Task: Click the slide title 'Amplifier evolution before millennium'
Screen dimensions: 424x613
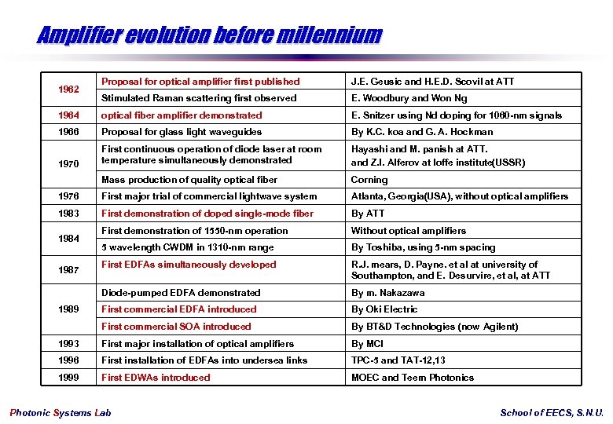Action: pyautogui.click(x=208, y=35)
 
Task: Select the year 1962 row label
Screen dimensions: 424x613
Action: pyautogui.click(x=68, y=90)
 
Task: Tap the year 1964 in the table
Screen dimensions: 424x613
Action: pyautogui.click(x=68, y=115)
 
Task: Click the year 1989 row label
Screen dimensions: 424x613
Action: pyautogui.click(x=68, y=309)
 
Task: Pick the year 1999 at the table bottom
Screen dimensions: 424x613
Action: pyautogui.click(x=68, y=378)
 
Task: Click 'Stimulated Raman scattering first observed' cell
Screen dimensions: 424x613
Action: pyautogui.click(x=199, y=98)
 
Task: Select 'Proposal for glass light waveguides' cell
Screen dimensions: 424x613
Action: pyautogui.click(x=182, y=132)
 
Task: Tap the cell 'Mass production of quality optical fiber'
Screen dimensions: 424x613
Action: pyautogui.click(x=189, y=180)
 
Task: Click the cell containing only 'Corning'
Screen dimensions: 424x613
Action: pyautogui.click(x=369, y=180)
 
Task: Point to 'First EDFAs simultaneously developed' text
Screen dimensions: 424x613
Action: pyautogui.click(x=189, y=265)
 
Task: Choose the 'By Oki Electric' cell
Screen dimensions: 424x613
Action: pyautogui.click(x=384, y=309)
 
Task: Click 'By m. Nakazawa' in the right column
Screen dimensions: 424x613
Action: pyautogui.click(x=387, y=293)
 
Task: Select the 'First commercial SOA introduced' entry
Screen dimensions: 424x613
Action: pyautogui.click(x=176, y=327)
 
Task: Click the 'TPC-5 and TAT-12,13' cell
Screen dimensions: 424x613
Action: pyautogui.click(x=398, y=360)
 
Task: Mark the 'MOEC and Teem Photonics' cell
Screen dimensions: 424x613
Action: pyautogui.click(x=413, y=378)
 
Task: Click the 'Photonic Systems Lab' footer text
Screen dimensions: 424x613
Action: pyautogui.click(x=61, y=413)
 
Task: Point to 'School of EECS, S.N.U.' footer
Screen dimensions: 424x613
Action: pyautogui.click(x=552, y=413)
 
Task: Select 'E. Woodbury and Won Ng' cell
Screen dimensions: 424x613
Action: pyautogui.click(x=409, y=98)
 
